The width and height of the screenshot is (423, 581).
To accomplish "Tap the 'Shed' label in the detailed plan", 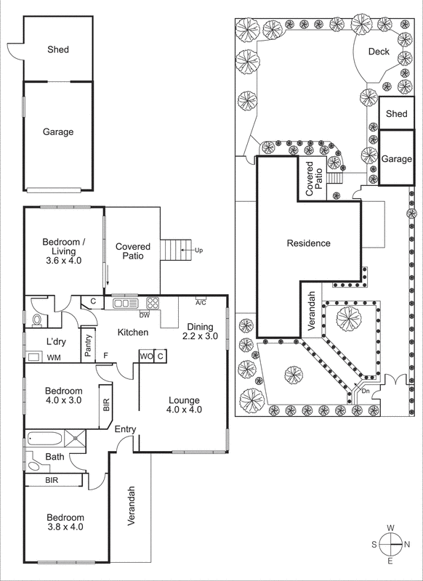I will click(x=58, y=50).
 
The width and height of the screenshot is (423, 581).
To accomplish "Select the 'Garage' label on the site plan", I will click(x=396, y=159).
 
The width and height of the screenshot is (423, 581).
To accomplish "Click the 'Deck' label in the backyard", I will click(x=379, y=52).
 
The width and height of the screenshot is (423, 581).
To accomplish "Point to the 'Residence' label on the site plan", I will click(x=308, y=243).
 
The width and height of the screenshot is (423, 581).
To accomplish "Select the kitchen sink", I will click(x=126, y=303).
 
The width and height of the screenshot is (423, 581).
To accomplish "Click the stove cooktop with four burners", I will click(x=153, y=303).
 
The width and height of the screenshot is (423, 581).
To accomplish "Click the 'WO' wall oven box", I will click(x=145, y=356).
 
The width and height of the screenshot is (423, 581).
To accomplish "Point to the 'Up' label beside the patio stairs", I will click(x=198, y=251).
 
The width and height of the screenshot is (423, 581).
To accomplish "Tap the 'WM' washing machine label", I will click(x=53, y=357).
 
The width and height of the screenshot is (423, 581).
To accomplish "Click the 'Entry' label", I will click(x=125, y=430).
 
